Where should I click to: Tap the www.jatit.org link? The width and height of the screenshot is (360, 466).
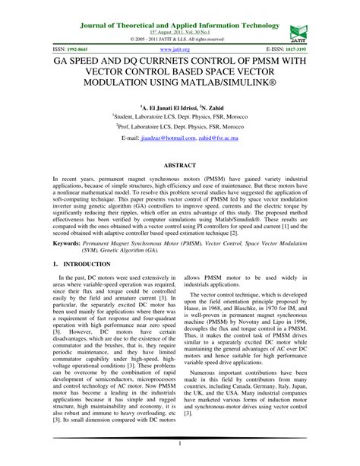pyautogui.click(x=179, y=47)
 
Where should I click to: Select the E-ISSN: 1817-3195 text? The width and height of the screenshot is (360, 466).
pyautogui.click(x=283, y=47)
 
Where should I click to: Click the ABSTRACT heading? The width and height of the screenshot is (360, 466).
pyautogui.click(x=179, y=163)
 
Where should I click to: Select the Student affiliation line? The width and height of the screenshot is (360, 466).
pyautogui.click(x=179, y=119)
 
